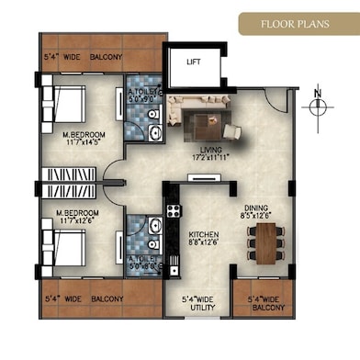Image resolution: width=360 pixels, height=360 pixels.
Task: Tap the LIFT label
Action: tap(193, 63)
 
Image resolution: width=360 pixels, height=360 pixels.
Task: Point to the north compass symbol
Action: tap(317, 104)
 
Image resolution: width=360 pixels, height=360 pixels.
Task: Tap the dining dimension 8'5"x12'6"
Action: tap(259, 216)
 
